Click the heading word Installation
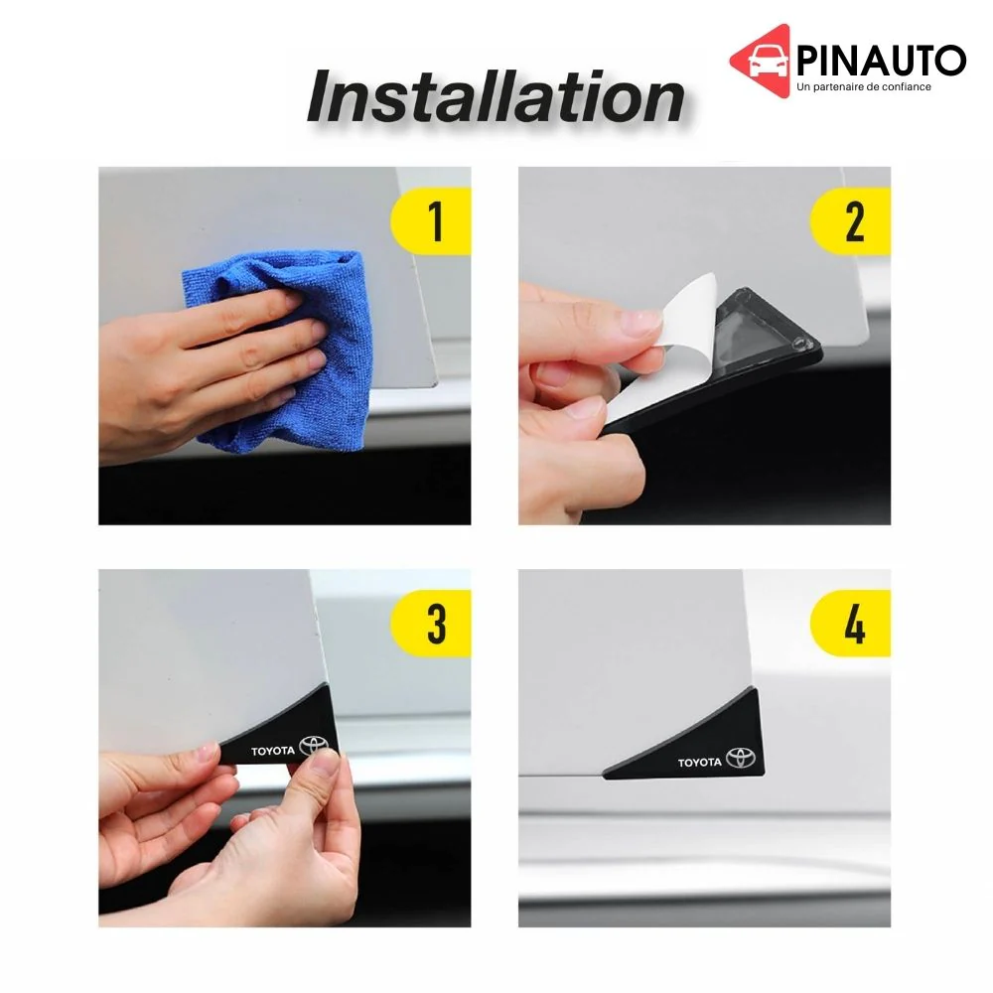pos(496,97)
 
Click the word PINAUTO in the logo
pos(881,61)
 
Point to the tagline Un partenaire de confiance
pos(864,86)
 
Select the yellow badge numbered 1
pos(431,221)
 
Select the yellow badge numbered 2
pos(851,221)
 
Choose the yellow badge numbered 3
pos(431,624)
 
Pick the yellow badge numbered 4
pos(851,624)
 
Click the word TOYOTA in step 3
pos(273,751)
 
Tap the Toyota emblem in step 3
pos(314,746)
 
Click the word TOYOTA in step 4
pos(700,763)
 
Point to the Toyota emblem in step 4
pos(741,758)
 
